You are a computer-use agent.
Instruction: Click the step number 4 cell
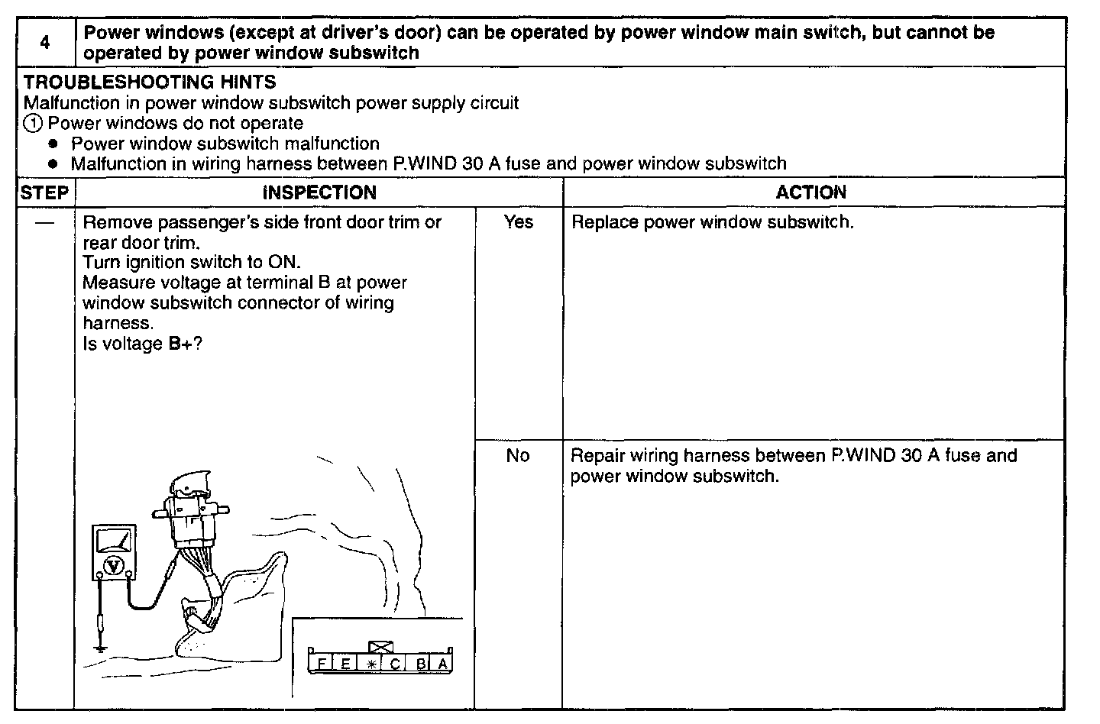click(45, 43)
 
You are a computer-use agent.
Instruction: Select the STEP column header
click(44, 192)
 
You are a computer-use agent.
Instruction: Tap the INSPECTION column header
click(319, 192)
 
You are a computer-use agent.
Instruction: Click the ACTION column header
click(811, 192)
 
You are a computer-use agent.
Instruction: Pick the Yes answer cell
click(519, 222)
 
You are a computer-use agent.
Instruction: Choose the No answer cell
click(518, 456)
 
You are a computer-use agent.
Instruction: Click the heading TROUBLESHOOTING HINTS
click(150, 82)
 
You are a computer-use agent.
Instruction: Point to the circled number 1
click(34, 124)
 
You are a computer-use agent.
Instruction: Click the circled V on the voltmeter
click(114, 565)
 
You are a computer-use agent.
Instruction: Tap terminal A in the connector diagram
click(443, 664)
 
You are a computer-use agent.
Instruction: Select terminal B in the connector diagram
click(421, 664)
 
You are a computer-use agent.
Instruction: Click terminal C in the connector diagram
click(394, 664)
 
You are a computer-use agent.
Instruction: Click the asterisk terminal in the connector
click(370, 664)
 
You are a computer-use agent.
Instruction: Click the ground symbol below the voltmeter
click(100, 648)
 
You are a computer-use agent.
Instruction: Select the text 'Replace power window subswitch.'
click(712, 223)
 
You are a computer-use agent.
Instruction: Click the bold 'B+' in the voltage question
click(180, 344)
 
